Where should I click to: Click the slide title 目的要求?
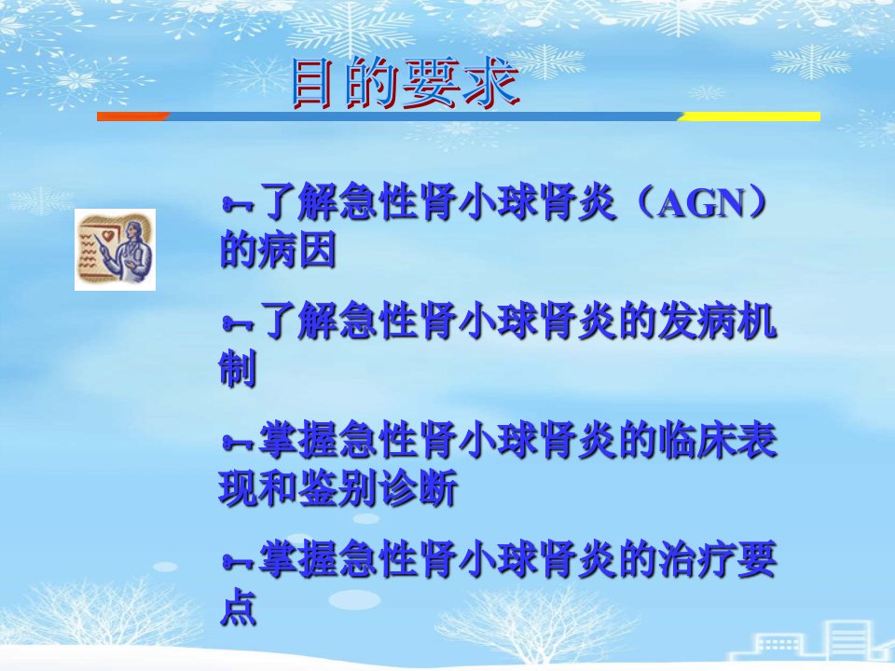[406, 84]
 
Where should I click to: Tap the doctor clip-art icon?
[115, 250]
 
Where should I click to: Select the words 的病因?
[278, 250]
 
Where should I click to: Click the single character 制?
[238, 368]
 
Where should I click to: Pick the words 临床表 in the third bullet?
[717, 440]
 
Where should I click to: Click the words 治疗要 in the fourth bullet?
[717, 559]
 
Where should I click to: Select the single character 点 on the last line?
[238, 606]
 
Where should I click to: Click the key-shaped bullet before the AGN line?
[238, 204]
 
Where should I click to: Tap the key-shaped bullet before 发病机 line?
[238, 323]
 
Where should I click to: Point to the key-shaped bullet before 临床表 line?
[238, 442]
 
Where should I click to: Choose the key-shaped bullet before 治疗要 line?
[238, 561]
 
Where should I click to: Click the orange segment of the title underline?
[133, 116]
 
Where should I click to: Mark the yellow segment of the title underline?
[749, 116]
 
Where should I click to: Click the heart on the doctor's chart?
[105, 235]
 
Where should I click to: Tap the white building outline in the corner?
[810, 642]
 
